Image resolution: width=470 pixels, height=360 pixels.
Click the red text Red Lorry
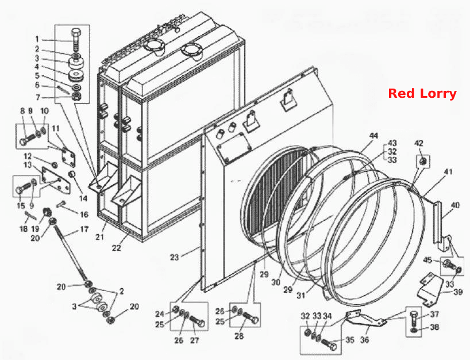pyautogui.click(x=422, y=93)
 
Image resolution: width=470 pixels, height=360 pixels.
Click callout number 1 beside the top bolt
pyautogui.click(x=37, y=39)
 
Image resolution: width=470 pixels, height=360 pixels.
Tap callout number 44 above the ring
pyautogui.click(x=373, y=136)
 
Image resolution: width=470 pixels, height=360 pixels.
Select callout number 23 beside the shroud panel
pyautogui.click(x=175, y=257)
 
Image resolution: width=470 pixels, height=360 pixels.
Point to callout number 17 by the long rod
pyautogui.click(x=84, y=229)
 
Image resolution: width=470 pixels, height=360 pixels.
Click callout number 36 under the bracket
pyautogui.click(x=364, y=340)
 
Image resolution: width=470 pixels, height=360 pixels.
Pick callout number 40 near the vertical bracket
pyautogui.click(x=455, y=205)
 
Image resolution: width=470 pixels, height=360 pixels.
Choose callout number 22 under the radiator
pyautogui.click(x=116, y=248)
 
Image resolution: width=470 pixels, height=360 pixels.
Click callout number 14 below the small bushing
pyautogui.click(x=83, y=198)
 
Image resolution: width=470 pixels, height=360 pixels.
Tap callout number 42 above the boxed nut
pyautogui.click(x=419, y=143)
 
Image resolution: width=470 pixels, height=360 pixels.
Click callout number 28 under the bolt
pyautogui.click(x=239, y=336)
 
